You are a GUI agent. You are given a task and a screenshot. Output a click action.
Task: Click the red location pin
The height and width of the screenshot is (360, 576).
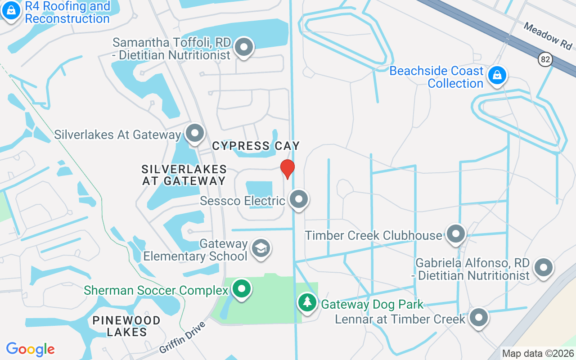coord(288,169)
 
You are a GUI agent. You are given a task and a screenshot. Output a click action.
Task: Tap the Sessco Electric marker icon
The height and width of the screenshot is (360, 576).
coord(298,199)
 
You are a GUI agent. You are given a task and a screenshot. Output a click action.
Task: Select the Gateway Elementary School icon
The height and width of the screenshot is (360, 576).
coord(261,248)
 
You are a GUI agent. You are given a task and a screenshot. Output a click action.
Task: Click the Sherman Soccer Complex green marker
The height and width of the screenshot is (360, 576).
coord(242,288)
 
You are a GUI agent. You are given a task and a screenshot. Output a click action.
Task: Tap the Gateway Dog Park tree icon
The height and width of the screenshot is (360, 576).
coord(307,302)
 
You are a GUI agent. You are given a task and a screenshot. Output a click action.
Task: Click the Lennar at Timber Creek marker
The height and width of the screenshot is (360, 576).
coord(478,317)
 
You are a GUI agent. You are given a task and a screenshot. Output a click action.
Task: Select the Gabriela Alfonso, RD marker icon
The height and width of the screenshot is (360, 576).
coord(543,267)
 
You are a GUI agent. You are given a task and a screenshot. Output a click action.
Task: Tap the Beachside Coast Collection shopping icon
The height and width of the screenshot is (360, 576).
coord(497,75)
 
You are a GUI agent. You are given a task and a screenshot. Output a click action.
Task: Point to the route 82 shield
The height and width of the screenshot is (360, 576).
coord(545,58)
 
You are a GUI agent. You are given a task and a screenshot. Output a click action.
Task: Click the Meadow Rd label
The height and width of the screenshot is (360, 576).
coord(548,36)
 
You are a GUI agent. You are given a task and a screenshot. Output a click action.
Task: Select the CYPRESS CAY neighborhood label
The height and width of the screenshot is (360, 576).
coord(256,146)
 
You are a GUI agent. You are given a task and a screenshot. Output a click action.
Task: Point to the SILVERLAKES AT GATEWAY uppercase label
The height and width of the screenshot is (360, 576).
coord(184,175)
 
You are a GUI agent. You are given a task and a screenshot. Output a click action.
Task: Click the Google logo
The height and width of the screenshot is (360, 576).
coord(31,349)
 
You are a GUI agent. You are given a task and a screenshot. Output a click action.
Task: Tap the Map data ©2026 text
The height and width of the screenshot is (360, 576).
coord(538,354)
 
